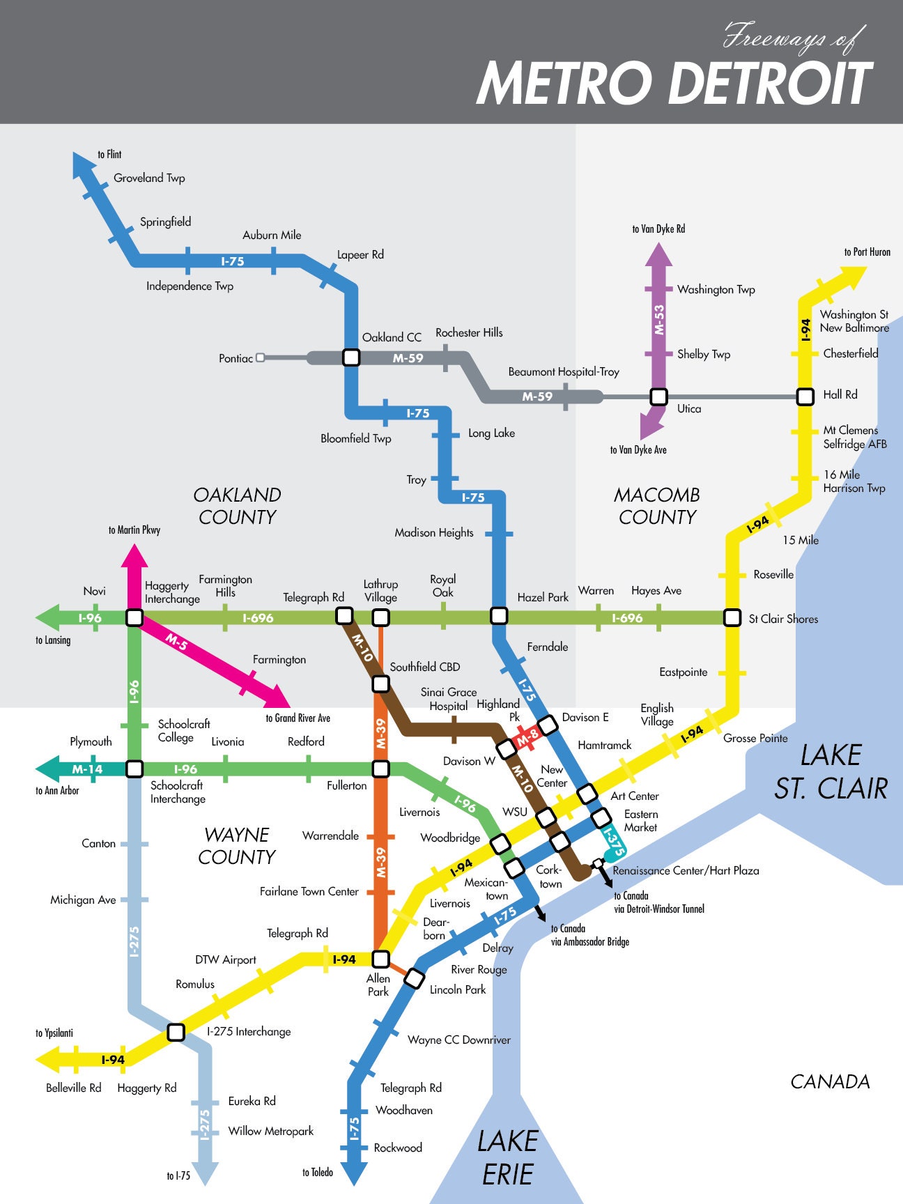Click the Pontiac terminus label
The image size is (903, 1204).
236,358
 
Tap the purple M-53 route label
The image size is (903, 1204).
659,319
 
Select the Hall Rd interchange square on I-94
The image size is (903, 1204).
805,396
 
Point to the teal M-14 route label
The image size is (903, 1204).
87,769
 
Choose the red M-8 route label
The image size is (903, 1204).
527,735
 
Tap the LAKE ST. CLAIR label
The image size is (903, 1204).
831,771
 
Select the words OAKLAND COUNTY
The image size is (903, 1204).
237,506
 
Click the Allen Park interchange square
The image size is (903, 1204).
380,959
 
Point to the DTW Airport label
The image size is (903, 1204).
225,959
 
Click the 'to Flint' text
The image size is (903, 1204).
109,155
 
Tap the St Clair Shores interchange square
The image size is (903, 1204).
732,617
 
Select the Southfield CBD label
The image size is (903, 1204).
424,667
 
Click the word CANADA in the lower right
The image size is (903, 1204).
830,1081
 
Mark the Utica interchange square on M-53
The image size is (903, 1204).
658,396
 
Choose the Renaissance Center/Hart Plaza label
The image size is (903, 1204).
686,870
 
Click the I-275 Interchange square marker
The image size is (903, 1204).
176,1032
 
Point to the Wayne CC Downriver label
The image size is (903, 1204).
458,1040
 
